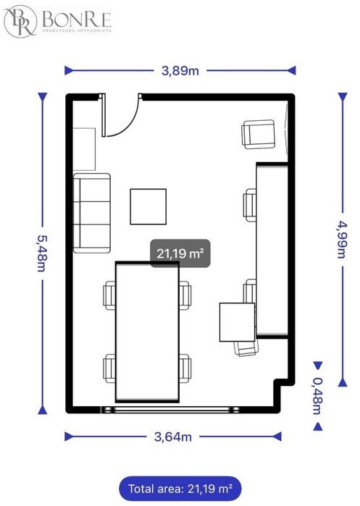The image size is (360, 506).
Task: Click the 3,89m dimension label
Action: click(x=180, y=70)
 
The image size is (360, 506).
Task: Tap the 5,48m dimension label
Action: click(x=42, y=253)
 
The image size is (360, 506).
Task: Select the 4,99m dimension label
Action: click(x=341, y=239)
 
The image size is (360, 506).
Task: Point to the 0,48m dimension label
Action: click(x=317, y=396)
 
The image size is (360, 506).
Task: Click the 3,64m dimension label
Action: click(x=173, y=437)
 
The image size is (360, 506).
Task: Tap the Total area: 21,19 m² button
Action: click(x=180, y=488)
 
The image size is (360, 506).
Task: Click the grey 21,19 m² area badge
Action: click(x=180, y=253)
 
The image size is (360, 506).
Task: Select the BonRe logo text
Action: click(x=77, y=20)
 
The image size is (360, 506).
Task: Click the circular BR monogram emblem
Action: click(x=20, y=21)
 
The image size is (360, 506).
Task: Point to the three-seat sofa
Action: click(x=92, y=213)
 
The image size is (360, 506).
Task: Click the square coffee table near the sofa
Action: click(x=148, y=206)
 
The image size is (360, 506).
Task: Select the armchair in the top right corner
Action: click(x=259, y=134)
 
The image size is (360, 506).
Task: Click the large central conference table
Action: click(x=147, y=332)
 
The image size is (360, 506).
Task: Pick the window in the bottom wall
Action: click(x=170, y=410)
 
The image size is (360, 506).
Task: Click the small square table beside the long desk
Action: click(x=238, y=322)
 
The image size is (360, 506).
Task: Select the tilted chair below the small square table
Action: click(x=246, y=348)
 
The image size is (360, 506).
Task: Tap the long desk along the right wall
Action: click(x=272, y=250)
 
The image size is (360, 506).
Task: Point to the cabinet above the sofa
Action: click(x=84, y=149)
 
